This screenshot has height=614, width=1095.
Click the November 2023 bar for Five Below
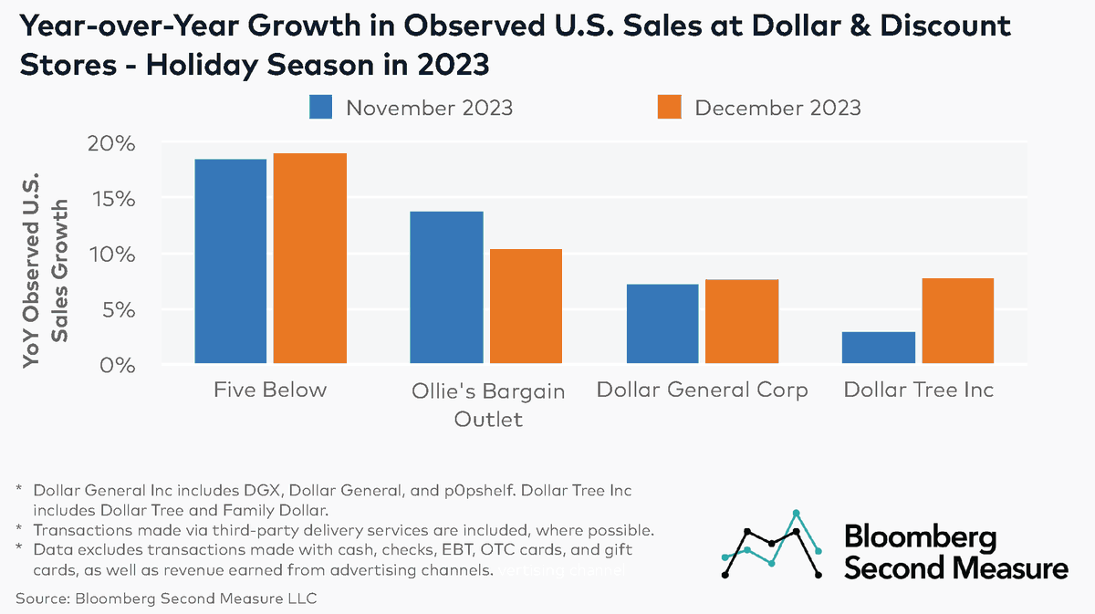click(x=230, y=262)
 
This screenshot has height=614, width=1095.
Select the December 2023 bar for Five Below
click(x=309, y=259)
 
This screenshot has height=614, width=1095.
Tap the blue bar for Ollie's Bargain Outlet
click(x=446, y=287)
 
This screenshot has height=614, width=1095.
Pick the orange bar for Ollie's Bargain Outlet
click(x=525, y=307)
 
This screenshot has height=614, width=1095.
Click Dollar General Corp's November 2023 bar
click(x=662, y=324)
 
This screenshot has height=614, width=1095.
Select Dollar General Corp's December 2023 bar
click(x=741, y=322)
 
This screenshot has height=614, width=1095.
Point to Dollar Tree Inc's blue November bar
click(x=878, y=348)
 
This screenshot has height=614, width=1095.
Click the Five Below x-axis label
click(x=270, y=390)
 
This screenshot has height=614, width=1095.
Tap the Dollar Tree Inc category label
click(x=918, y=390)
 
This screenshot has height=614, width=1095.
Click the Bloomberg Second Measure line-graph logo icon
click(x=771, y=545)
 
